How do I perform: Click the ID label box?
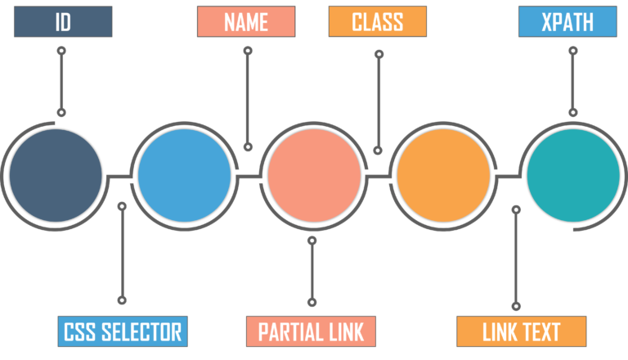coord(62,22)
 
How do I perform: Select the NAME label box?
coord(246,22)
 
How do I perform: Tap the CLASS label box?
coord(377,22)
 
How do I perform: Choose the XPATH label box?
coord(567,22)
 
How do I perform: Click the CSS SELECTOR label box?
coord(123,331)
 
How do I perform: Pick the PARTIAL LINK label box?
coord(311,331)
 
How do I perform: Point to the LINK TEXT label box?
coord(521,331)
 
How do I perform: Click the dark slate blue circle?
coord(56,175)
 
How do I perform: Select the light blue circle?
coord(184,175)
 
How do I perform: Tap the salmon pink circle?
coord(315,175)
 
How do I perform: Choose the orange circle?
coord(443,175)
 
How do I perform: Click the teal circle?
coord(572,175)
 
